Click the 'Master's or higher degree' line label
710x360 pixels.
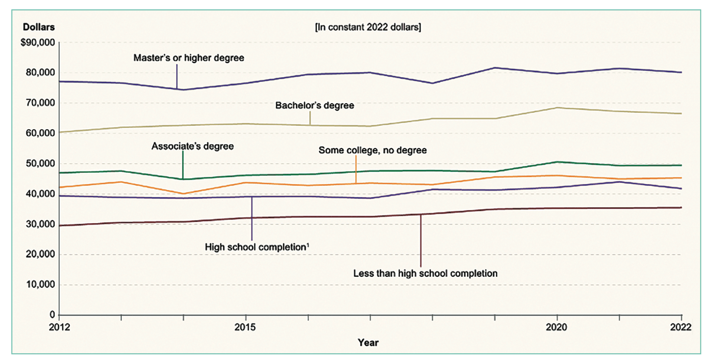pos(189,58)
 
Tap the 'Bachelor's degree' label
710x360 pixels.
pos(315,106)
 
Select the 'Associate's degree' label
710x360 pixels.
pos(192,146)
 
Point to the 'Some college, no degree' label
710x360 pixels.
pos(372,150)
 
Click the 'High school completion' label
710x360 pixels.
pos(256,247)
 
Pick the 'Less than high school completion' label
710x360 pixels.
pos(425,274)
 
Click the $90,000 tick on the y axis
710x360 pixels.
pos(38,42)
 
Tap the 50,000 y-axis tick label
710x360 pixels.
pos(40,164)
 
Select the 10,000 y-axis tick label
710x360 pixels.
pos(40,285)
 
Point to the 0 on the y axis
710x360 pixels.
pos(52,315)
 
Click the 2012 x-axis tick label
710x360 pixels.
pos(59,327)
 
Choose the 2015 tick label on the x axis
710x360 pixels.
pos(245,327)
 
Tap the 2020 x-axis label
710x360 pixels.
pos(556,327)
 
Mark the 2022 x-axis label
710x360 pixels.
pos(681,327)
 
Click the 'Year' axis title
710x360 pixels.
pos(368,343)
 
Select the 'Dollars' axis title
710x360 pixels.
pos(39,27)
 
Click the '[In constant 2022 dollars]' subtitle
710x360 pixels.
pos(368,27)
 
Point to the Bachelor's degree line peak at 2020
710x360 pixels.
pos(557,108)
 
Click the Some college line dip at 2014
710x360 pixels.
pos(183,194)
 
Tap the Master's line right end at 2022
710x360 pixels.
pos(681,72)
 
